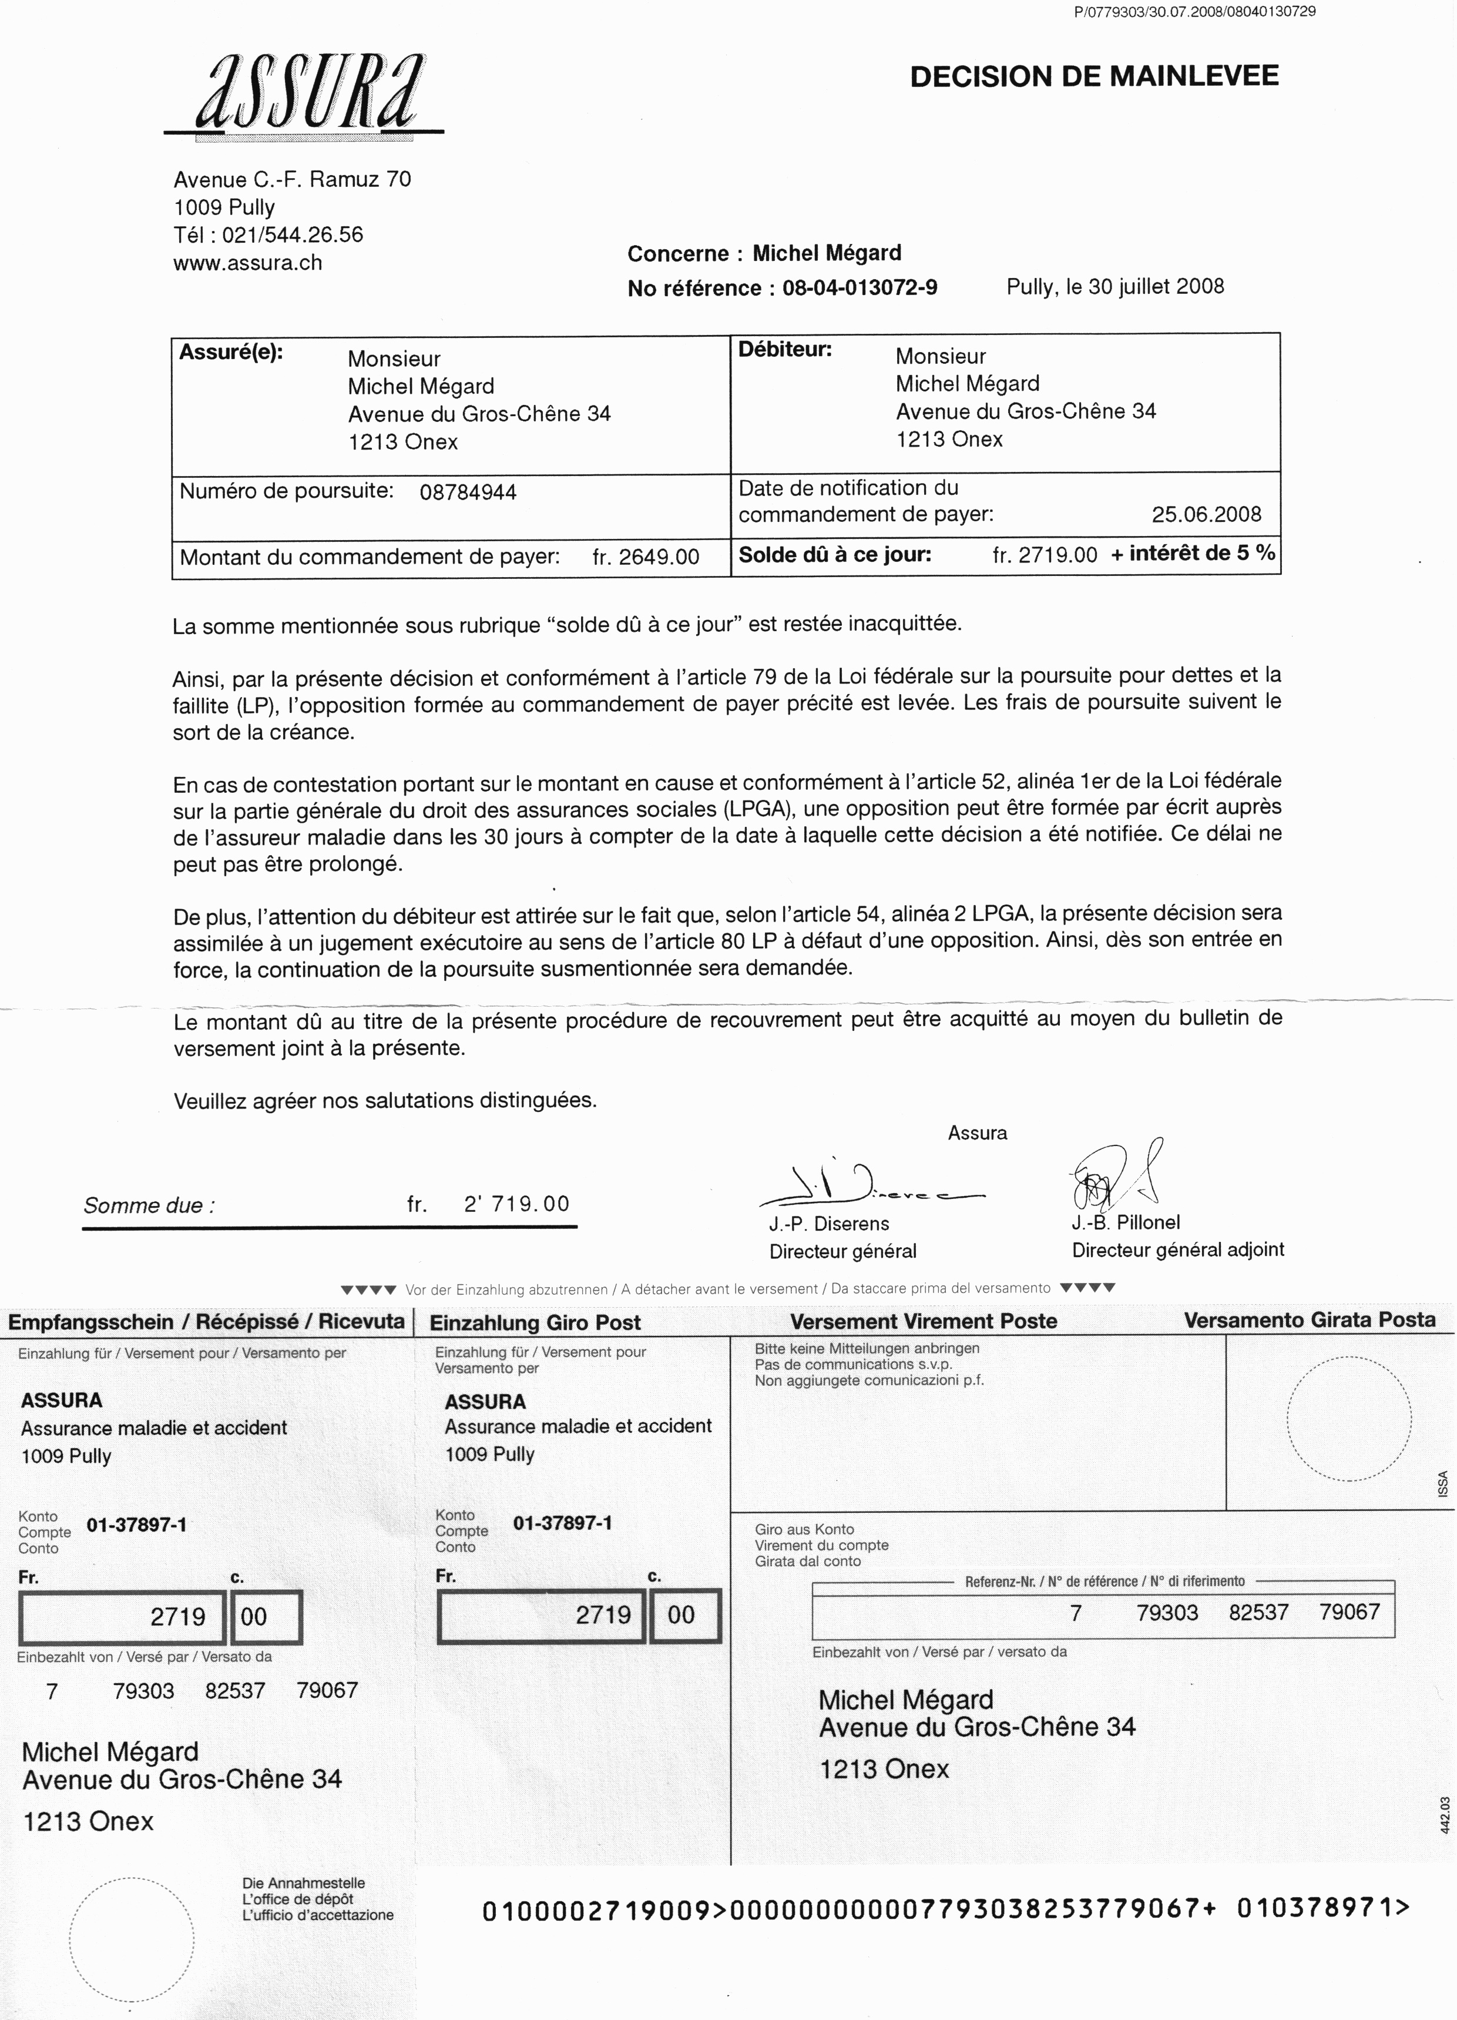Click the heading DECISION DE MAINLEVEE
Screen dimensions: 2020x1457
[x=1094, y=76]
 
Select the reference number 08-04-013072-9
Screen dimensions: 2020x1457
[x=860, y=287]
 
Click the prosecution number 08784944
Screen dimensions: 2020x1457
[x=468, y=493]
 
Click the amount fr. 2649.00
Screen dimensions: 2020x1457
[x=646, y=558]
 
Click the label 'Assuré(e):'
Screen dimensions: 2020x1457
[x=231, y=352]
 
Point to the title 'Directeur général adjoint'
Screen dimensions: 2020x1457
[x=1177, y=1249]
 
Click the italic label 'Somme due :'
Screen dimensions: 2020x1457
[x=149, y=1206]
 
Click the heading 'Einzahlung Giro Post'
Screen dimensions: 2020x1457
[x=535, y=1322]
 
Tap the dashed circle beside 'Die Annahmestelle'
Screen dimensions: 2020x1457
[x=131, y=1940]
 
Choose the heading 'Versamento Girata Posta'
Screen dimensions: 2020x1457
[x=1309, y=1320]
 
